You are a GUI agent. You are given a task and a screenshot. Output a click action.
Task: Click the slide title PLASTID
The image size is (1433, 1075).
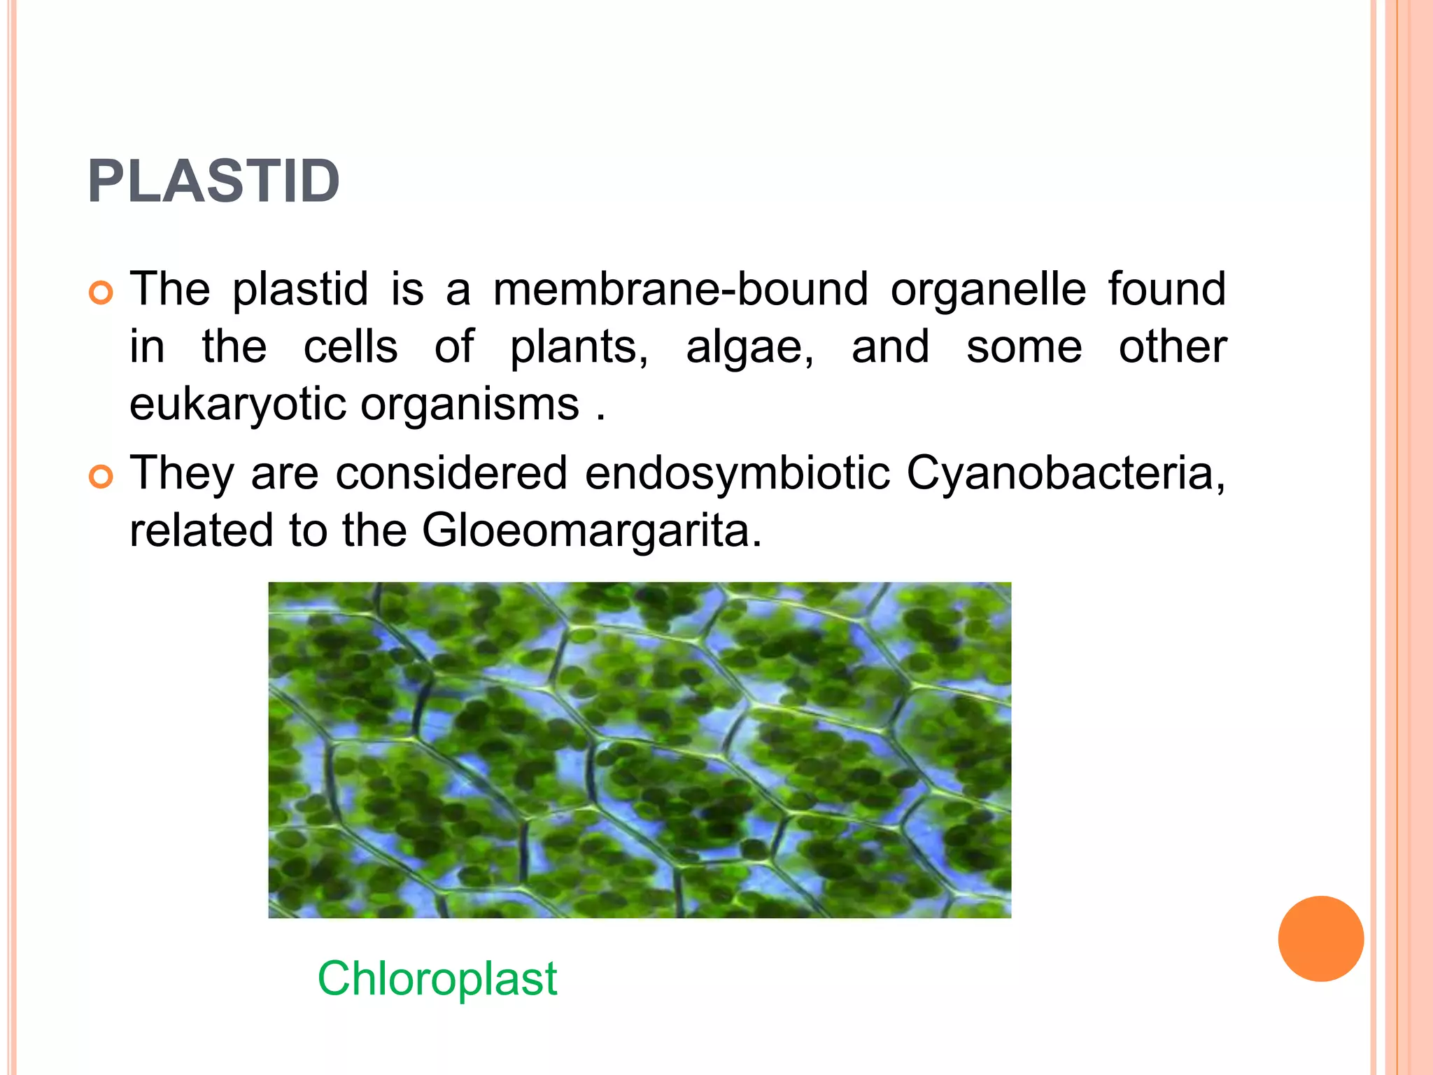pos(213,182)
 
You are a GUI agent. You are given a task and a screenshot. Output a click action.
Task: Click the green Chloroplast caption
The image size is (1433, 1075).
pos(437,978)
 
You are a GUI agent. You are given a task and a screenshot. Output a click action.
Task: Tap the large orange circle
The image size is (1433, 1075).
pos(1320,939)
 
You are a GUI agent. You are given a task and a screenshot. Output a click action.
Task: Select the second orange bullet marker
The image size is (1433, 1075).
pos(101,477)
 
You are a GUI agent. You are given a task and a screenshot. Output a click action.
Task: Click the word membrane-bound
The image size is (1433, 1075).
pos(680,289)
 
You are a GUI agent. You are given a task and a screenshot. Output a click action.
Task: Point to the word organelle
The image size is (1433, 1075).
pos(988,290)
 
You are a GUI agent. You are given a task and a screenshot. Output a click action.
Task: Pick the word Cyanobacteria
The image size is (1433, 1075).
pos(1065,473)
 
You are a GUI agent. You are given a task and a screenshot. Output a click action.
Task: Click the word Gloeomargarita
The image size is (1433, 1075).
pos(591,531)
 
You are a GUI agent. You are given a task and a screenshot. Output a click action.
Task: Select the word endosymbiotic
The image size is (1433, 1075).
pos(737,473)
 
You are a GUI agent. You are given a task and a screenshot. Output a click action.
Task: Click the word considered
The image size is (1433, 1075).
pos(451,473)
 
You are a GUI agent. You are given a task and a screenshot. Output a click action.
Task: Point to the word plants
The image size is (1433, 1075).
pos(578,349)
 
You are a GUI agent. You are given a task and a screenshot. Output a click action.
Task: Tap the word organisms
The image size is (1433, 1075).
pos(470,405)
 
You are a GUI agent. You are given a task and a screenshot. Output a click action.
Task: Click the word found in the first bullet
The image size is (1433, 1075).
pos(1166,289)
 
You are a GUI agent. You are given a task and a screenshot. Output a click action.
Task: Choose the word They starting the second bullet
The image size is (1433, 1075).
pos(182,473)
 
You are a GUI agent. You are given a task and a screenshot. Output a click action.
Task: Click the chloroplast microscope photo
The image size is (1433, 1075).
pos(640,750)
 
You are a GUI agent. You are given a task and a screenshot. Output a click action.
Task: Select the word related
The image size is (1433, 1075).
pos(201,531)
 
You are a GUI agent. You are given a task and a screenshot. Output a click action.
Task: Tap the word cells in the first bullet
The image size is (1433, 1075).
pos(351,347)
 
